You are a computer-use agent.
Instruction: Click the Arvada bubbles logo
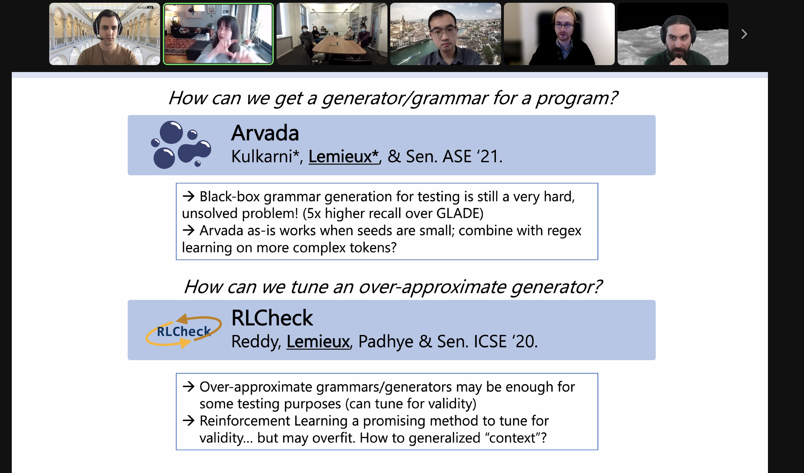pyautogui.click(x=181, y=145)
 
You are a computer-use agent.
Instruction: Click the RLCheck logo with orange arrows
pyautogui.click(x=184, y=331)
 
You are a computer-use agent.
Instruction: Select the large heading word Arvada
pyautogui.click(x=265, y=133)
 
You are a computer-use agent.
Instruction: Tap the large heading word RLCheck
pyautogui.click(x=272, y=318)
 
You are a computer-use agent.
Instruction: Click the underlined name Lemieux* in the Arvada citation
pyautogui.click(x=343, y=157)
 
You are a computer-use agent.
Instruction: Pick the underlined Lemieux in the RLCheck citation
pyautogui.click(x=318, y=341)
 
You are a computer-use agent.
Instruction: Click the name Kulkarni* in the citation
pyautogui.click(x=265, y=157)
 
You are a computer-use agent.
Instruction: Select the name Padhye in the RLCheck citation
pyautogui.click(x=386, y=342)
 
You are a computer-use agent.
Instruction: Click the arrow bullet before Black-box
pyautogui.click(x=189, y=196)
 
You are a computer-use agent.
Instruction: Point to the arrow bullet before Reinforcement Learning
pyautogui.click(x=189, y=421)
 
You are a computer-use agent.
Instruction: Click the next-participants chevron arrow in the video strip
pyautogui.click(x=744, y=34)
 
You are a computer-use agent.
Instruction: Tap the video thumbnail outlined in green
pyautogui.click(x=218, y=34)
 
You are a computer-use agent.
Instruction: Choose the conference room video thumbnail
pyautogui.click(x=332, y=34)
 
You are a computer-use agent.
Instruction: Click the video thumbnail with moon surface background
pyautogui.click(x=673, y=34)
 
